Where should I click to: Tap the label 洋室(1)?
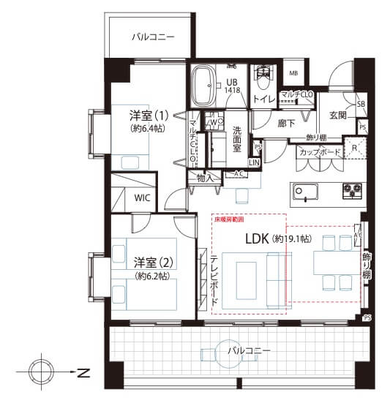[x=149, y=116]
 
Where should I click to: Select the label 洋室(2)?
[x=151, y=261]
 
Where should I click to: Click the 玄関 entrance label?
[x=338, y=115]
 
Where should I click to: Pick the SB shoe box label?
[x=361, y=105]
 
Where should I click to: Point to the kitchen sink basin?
[x=305, y=192]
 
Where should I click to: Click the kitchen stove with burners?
[x=350, y=192]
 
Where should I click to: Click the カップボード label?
[x=319, y=152]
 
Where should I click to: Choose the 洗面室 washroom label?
[x=237, y=138]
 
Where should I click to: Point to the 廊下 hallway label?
[x=287, y=123]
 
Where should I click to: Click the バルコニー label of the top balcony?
[x=153, y=36]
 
